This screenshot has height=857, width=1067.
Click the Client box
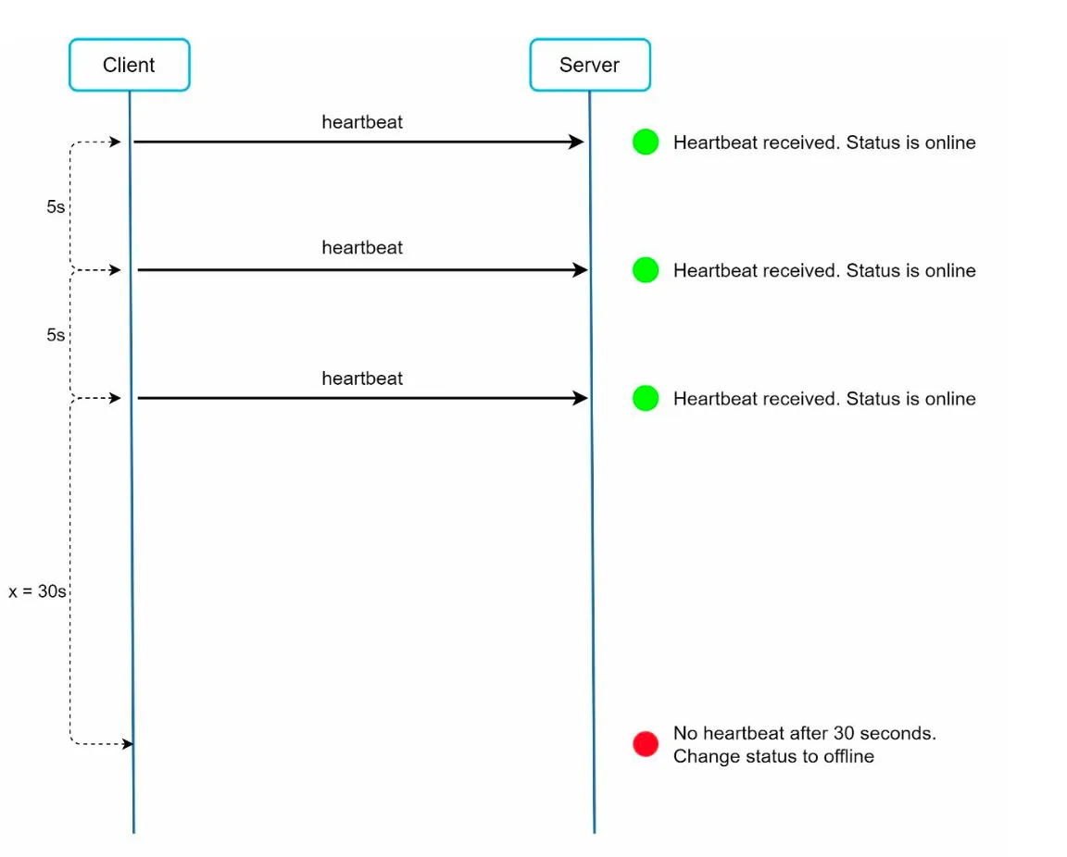(130, 65)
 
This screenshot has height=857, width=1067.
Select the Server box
(590, 65)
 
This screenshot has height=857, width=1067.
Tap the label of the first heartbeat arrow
(362, 122)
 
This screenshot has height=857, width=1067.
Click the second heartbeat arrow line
(363, 270)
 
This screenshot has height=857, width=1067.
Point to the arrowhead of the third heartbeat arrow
(581, 398)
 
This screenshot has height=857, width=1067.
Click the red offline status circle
(645, 744)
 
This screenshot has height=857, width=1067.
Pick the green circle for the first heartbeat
(645, 143)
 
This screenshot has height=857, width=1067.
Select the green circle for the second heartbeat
(645, 270)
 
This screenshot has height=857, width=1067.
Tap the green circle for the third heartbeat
(645, 398)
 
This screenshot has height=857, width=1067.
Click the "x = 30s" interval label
(37, 591)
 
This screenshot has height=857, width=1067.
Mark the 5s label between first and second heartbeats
(56, 206)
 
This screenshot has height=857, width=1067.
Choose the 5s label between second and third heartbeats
(56, 335)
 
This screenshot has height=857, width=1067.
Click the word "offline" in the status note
(848, 756)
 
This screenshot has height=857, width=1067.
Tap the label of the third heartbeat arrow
(362, 379)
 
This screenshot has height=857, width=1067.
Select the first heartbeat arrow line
(358, 143)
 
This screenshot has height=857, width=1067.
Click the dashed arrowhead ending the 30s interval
(127, 744)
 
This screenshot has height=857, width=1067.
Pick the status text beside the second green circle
(824, 270)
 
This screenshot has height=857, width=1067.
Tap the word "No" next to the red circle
(685, 733)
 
